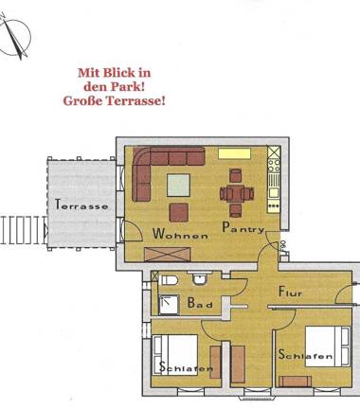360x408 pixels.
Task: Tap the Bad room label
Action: point(199,305)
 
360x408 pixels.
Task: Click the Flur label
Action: point(290,294)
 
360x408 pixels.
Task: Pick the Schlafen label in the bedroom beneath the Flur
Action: point(305,356)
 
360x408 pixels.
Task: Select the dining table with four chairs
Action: point(236,195)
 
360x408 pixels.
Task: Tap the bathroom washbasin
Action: point(198,278)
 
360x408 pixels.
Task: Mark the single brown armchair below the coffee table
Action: point(179,211)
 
